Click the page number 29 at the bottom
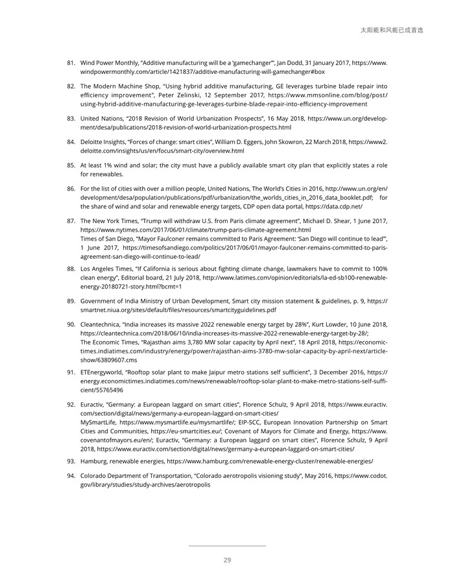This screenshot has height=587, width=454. click(x=227, y=560)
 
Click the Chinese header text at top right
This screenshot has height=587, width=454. click(x=391, y=30)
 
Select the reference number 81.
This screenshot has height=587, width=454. click(x=71, y=63)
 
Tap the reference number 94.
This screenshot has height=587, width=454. click(x=71, y=475)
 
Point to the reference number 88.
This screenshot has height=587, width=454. click(x=71, y=269)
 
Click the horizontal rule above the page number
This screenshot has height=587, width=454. click(x=227, y=546)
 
